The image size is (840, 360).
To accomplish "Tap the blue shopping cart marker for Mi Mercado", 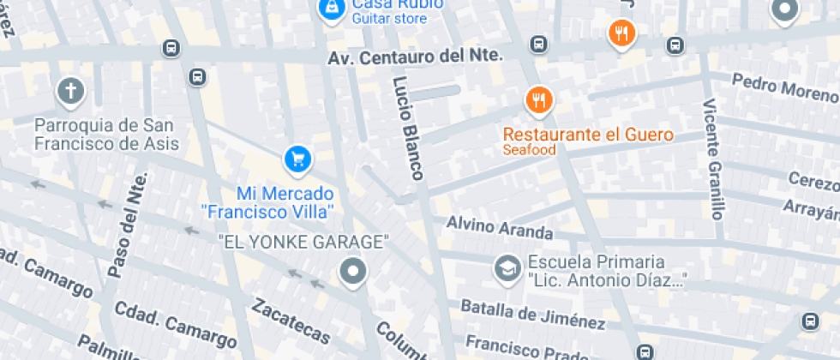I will pyautogui.click(x=297, y=159).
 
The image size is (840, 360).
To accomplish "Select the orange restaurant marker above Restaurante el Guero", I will pyautogui.click(x=538, y=101).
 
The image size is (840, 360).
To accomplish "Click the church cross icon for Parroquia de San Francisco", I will pyautogui.click(x=71, y=91).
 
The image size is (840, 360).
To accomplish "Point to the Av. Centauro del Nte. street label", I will pyautogui.click(x=415, y=57).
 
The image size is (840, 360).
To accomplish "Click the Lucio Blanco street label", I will pyautogui.click(x=408, y=129).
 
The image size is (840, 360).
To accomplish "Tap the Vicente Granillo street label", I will pyautogui.click(x=713, y=159).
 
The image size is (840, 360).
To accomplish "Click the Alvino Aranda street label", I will pyautogui.click(x=500, y=227).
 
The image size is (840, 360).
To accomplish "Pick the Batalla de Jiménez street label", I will pyautogui.click(x=532, y=314).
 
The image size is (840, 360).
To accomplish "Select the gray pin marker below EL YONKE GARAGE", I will pyautogui.click(x=352, y=273).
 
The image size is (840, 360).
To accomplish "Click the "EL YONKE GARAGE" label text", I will pyautogui.click(x=303, y=243).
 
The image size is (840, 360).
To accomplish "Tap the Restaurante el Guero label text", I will pyautogui.click(x=588, y=135).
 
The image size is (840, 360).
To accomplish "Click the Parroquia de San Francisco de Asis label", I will pyautogui.click(x=106, y=135).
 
